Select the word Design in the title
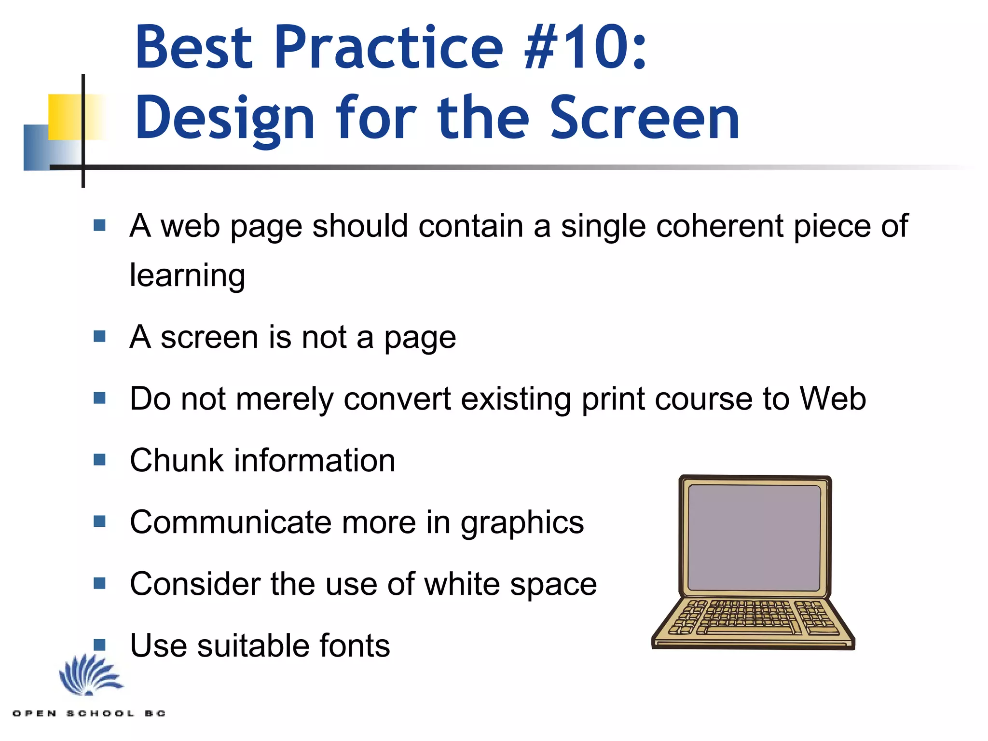click(225, 119)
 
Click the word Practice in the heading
click(389, 47)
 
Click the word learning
click(188, 276)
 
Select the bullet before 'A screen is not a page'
click(99, 336)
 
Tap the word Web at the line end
click(833, 398)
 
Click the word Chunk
click(177, 460)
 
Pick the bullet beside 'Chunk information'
click(99, 459)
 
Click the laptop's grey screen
click(754, 537)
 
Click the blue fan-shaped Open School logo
click(90, 675)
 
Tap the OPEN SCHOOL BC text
click(89, 713)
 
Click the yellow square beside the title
click(65, 117)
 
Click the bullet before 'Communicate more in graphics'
click(99, 521)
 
